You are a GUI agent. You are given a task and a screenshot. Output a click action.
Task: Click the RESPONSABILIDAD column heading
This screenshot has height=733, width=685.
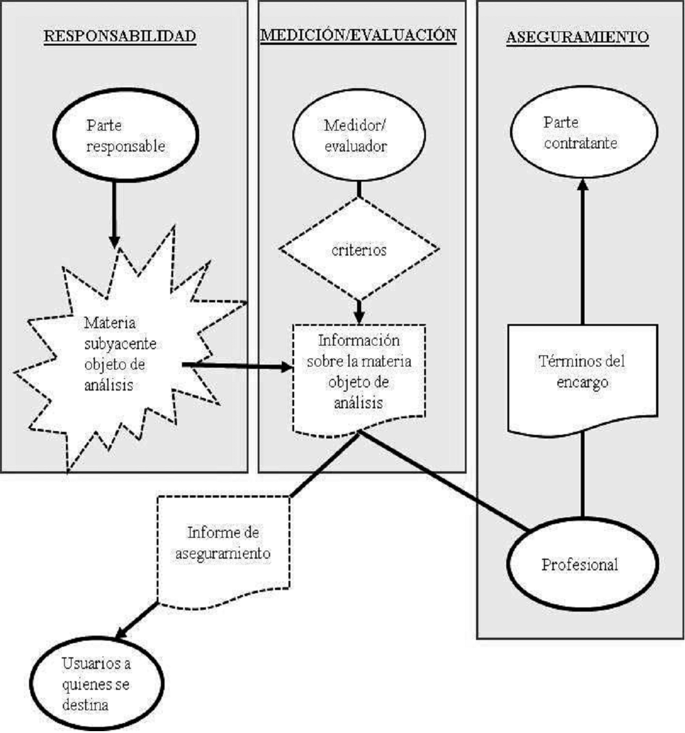pyautogui.click(x=120, y=36)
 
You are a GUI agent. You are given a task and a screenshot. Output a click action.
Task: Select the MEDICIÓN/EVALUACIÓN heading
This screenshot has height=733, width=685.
pyautogui.click(x=358, y=35)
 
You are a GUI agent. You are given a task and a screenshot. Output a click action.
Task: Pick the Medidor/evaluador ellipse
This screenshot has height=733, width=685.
pyautogui.click(x=359, y=136)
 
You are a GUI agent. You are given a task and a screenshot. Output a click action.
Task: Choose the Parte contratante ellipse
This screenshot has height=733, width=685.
pyautogui.click(x=582, y=132)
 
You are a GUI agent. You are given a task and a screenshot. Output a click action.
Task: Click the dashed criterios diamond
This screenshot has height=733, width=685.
pyautogui.click(x=359, y=250)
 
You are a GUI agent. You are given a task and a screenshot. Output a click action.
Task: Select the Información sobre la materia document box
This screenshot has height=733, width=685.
pyautogui.click(x=359, y=372)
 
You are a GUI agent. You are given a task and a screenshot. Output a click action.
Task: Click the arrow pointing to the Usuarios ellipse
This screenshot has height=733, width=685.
pyautogui.click(x=136, y=620)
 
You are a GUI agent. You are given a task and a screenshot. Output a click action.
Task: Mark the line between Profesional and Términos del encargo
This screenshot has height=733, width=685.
pyautogui.click(x=582, y=477)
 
